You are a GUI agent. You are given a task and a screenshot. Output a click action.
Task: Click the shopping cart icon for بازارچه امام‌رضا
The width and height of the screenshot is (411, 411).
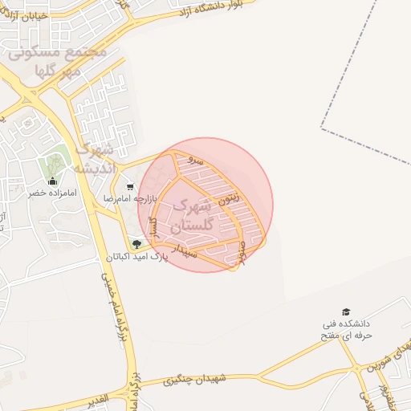[130, 186]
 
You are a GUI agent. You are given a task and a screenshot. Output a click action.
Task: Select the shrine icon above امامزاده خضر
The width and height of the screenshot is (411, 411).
[52, 181]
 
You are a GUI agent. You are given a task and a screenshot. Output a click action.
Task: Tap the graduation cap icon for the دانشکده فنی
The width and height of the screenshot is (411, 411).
[346, 311]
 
